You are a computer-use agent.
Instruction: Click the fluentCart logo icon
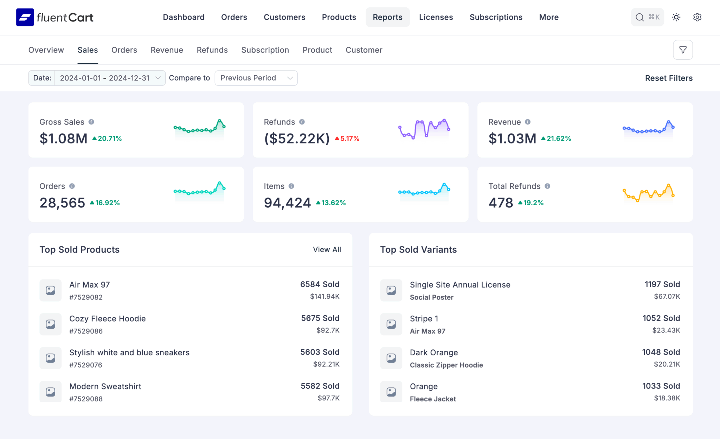(25, 17)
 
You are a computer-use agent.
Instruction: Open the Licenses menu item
(436, 17)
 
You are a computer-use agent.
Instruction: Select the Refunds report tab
(212, 50)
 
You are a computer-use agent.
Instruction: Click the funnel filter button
(682, 50)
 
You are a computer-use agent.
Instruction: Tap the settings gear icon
(697, 17)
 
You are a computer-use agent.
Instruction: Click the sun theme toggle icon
(676, 17)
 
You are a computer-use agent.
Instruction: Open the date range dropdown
(109, 78)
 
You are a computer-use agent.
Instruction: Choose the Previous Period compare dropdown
(256, 78)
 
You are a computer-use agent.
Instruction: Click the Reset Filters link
(668, 78)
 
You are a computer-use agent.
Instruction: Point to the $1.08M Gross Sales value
(63, 138)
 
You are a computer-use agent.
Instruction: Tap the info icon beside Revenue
(527, 122)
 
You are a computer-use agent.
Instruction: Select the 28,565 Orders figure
(62, 203)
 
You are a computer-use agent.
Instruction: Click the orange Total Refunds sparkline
(648, 193)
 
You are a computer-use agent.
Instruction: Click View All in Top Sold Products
(327, 250)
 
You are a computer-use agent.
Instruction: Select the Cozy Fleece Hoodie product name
(107, 318)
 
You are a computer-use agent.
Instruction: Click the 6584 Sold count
(320, 284)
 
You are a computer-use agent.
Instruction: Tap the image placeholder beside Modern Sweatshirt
(51, 392)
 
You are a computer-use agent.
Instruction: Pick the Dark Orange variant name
(433, 353)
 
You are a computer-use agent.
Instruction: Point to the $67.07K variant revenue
(667, 296)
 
